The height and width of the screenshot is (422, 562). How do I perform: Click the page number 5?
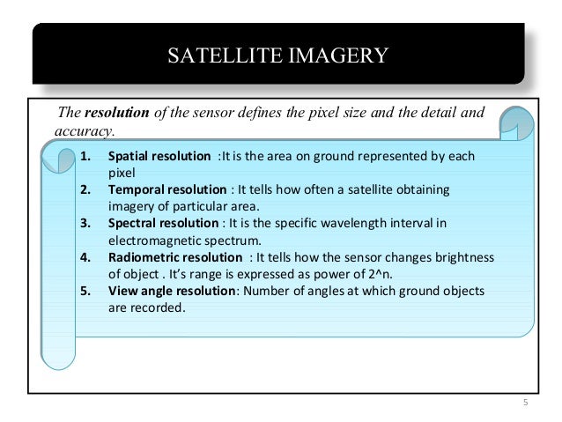click(526, 404)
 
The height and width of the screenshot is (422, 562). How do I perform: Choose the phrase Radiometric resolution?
click(175, 256)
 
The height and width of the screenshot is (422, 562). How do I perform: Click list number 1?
click(85, 157)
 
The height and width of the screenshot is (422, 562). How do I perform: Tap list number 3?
click(85, 223)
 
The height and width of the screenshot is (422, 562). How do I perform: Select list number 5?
click(85, 290)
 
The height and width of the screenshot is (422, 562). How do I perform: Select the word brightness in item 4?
click(462, 256)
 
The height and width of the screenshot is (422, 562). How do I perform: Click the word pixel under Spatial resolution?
click(121, 174)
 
